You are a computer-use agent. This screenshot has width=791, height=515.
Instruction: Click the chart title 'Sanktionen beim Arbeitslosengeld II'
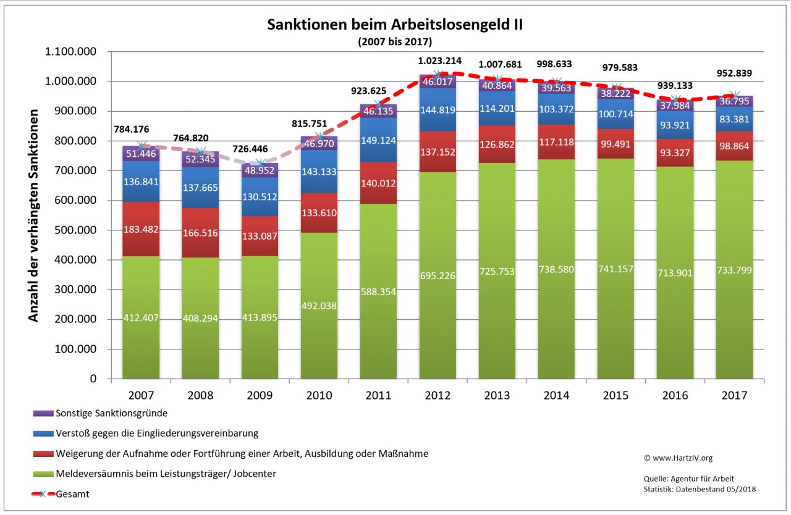(x=395, y=25)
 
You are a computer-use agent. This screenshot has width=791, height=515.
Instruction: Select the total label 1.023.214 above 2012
(x=438, y=61)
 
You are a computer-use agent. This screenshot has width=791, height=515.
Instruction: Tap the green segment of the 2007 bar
(x=141, y=317)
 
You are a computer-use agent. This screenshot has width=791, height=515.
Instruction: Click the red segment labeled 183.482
(x=141, y=229)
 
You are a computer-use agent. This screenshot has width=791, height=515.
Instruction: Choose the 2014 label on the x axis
(x=557, y=395)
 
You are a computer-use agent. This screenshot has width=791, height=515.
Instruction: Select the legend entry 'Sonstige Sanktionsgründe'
(x=111, y=413)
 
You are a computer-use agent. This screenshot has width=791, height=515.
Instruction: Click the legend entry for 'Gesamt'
(x=72, y=494)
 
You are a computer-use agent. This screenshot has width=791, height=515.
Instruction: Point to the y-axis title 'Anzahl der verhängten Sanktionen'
(x=33, y=216)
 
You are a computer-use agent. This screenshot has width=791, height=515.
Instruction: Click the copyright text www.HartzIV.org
(x=678, y=458)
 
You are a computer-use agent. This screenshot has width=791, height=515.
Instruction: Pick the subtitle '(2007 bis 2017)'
(x=394, y=42)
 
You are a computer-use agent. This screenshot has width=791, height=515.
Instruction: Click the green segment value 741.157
(x=615, y=269)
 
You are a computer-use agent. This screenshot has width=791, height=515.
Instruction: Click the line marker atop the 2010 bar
(x=319, y=136)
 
